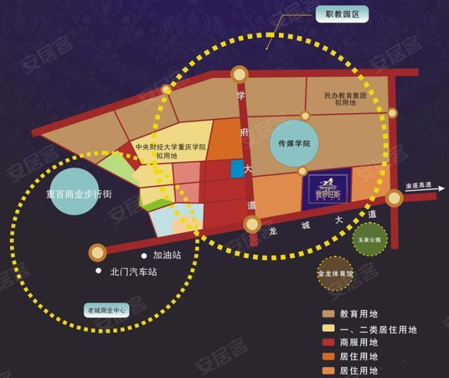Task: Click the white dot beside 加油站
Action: (144, 256)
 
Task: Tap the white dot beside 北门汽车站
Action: (98, 272)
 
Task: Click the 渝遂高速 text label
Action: (419, 186)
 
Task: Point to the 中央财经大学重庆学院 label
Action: (171, 151)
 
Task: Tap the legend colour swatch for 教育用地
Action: (329, 314)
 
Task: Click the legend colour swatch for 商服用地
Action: (329, 343)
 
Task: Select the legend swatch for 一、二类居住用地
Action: (329, 328)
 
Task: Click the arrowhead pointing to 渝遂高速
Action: (433, 195)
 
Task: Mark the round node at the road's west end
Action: (97, 253)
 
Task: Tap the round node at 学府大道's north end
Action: (239, 74)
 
